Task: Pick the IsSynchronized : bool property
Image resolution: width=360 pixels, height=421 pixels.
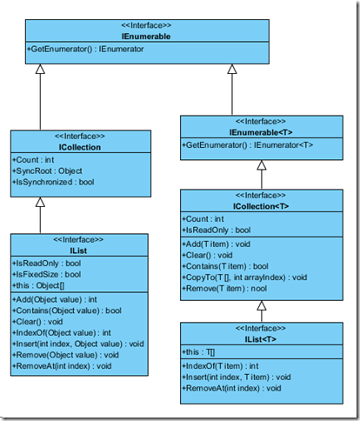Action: click(56, 182)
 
